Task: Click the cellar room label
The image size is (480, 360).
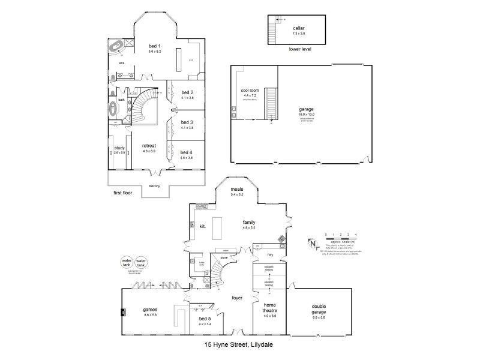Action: click(x=299, y=28)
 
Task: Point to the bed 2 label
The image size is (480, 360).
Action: click(x=187, y=92)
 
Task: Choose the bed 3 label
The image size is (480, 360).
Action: click(x=187, y=122)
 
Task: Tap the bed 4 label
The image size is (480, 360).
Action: click(x=187, y=152)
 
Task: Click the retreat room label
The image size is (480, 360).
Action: click(x=149, y=146)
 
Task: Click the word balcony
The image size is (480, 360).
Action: click(x=155, y=186)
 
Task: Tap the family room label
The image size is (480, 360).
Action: click(x=249, y=222)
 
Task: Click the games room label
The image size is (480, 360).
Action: click(x=150, y=310)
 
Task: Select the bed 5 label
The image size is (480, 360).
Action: click(x=205, y=319)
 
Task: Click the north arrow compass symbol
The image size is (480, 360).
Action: click(x=312, y=242)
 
